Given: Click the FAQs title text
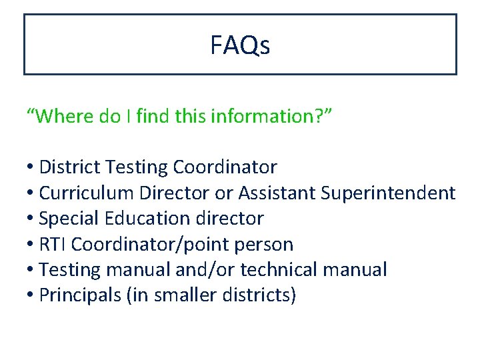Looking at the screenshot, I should coord(240,46).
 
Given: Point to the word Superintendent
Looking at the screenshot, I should coord(388,193).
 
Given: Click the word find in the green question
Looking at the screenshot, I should coord(152,116).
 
